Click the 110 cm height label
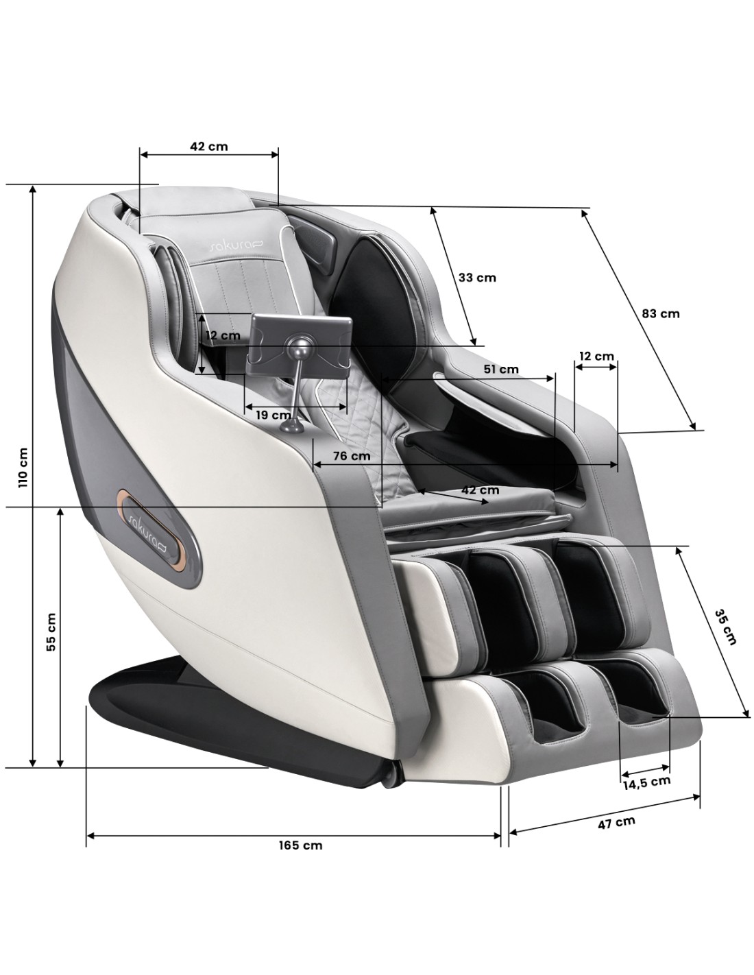coord(23,467)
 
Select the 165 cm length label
coord(301,845)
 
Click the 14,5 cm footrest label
coord(646,782)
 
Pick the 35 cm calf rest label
coord(726,627)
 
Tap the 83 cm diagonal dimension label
coord(660,313)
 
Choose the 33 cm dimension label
coord(476,278)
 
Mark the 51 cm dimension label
coord(501,369)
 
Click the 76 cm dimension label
coord(352,455)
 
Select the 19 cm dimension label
coord(273,415)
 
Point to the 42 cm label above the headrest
coord(208,146)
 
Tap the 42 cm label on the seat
coord(481,490)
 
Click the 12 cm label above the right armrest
coord(596,356)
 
